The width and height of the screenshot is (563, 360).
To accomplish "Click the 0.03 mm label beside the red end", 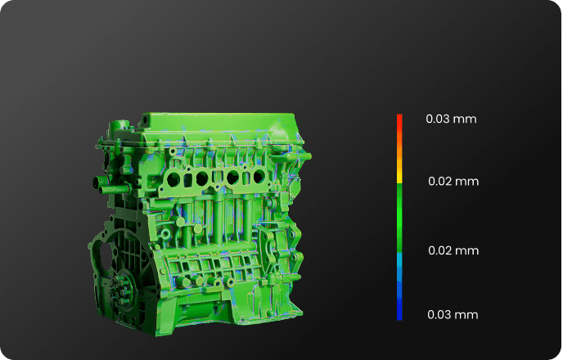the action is click(451, 119).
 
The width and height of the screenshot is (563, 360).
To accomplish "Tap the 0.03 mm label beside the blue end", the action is click(453, 314).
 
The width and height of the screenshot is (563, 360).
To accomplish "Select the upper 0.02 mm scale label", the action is click(453, 182).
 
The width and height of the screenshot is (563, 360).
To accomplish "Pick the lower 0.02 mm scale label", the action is click(453, 250).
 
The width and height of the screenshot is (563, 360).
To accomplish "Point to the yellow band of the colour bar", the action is click(399, 177).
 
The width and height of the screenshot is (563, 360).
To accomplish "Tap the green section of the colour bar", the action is click(399, 218).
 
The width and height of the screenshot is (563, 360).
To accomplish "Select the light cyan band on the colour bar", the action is click(399, 261).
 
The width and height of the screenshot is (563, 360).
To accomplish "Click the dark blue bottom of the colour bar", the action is click(399, 307).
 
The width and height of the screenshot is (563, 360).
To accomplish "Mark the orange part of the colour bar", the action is click(399, 152).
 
